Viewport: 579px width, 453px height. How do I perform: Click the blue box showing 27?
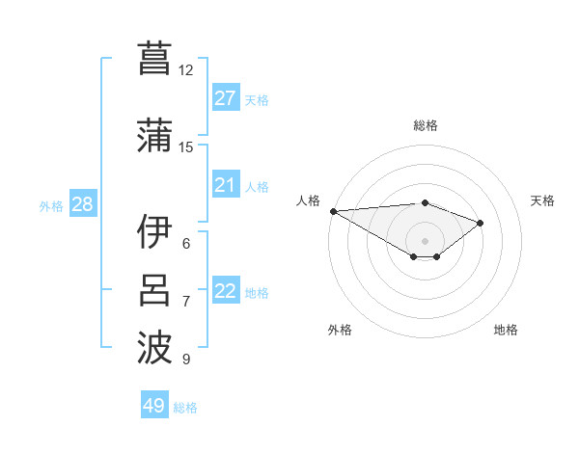(225, 98)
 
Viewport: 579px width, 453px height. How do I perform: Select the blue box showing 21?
(225, 185)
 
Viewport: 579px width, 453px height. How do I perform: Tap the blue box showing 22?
(225, 291)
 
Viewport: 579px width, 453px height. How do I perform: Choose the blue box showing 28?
(81, 204)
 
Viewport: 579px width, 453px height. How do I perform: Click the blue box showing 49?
(154, 406)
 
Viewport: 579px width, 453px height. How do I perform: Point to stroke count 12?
(185, 70)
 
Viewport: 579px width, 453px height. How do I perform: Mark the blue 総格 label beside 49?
(185, 408)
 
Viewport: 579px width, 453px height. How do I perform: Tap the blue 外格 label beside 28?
(51, 205)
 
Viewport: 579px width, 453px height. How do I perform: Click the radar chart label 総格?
(425, 125)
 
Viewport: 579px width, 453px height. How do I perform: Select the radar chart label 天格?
(543, 200)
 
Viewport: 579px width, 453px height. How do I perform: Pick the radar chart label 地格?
(506, 330)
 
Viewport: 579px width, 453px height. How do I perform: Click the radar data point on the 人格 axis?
(333, 210)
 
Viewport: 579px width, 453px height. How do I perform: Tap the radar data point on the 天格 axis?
(480, 223)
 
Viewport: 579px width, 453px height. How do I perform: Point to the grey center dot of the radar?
(425, 240)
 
